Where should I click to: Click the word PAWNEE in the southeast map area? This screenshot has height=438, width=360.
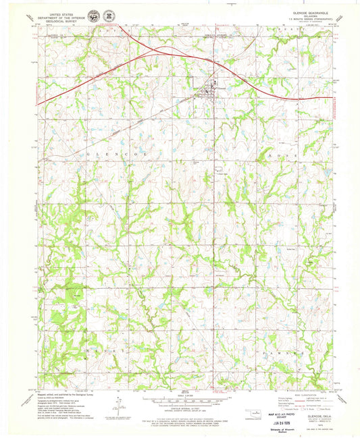pyautogui.click(x=270, y=352)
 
